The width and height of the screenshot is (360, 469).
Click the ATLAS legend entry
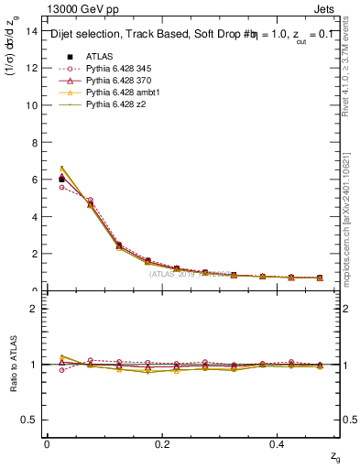coord(99,56)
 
